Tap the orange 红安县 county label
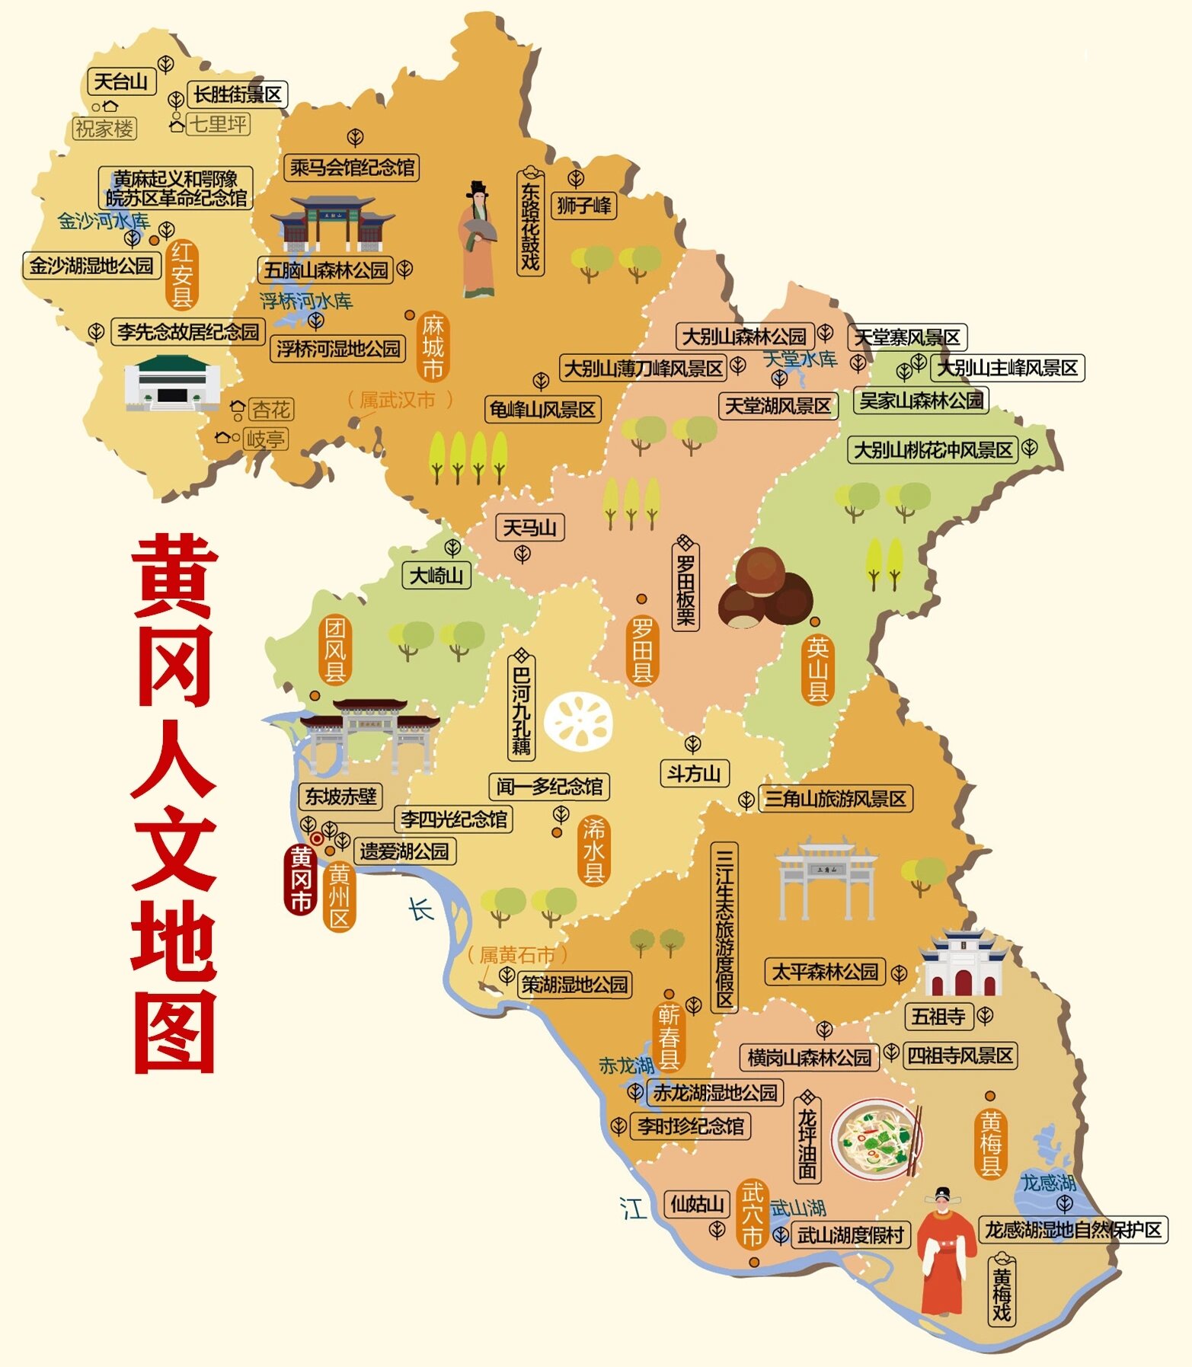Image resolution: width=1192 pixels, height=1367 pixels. [x=181, y=274]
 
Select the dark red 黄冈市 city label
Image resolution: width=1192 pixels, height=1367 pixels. [x=301, y=880]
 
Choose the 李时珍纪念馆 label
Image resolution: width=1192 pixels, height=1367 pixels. [x=690, y=1126]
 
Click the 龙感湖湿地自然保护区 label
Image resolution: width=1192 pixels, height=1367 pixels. [x=1072, y=1230]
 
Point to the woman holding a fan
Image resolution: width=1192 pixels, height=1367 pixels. [x=478, y=241]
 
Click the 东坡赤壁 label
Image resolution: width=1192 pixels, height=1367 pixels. [x=340, y=797]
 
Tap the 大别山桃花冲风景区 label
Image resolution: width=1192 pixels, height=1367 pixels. [x=932, y=450]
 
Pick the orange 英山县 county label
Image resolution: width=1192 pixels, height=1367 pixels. [x=817, y=669]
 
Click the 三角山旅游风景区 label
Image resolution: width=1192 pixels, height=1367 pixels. [x=835, y=799]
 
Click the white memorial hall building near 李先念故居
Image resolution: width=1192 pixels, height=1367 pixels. [x=171, y=383]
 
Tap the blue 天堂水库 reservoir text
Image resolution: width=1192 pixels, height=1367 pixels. [x=800, y=359]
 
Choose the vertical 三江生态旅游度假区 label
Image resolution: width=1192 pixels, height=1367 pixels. [x=724, y=927]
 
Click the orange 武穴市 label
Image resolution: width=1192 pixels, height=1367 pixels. [x=753, y=1214]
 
